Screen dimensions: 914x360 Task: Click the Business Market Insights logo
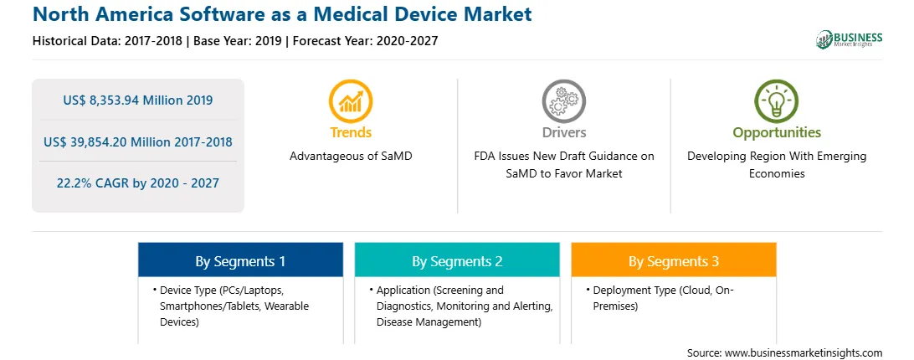[849, 39]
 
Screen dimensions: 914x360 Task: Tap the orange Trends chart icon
[351, 100]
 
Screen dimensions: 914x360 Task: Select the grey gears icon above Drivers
[563, 100]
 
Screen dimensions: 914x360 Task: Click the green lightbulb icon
[777, 100]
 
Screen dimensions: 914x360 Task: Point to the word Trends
[351, 132]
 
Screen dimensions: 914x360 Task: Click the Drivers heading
[563, 132]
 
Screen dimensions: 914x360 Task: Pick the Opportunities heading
[777, 133]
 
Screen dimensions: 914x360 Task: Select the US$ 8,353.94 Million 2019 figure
[137, 100]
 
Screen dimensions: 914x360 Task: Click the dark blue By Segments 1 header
[240, 261]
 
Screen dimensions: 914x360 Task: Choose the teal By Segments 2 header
[457, 261]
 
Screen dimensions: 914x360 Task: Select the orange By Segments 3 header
[673, 261]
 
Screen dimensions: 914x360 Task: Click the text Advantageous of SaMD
[351, 157]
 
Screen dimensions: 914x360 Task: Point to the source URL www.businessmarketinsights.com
[804, 353]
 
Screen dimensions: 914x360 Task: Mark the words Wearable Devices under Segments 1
[235, 314]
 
